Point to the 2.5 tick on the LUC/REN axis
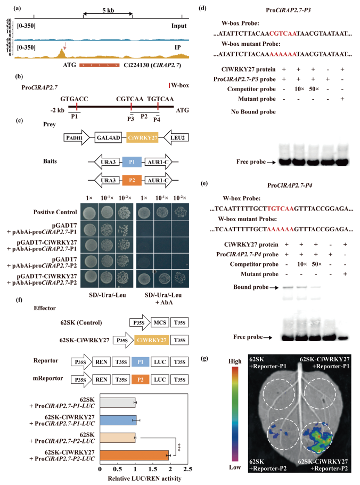pos(186,471)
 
